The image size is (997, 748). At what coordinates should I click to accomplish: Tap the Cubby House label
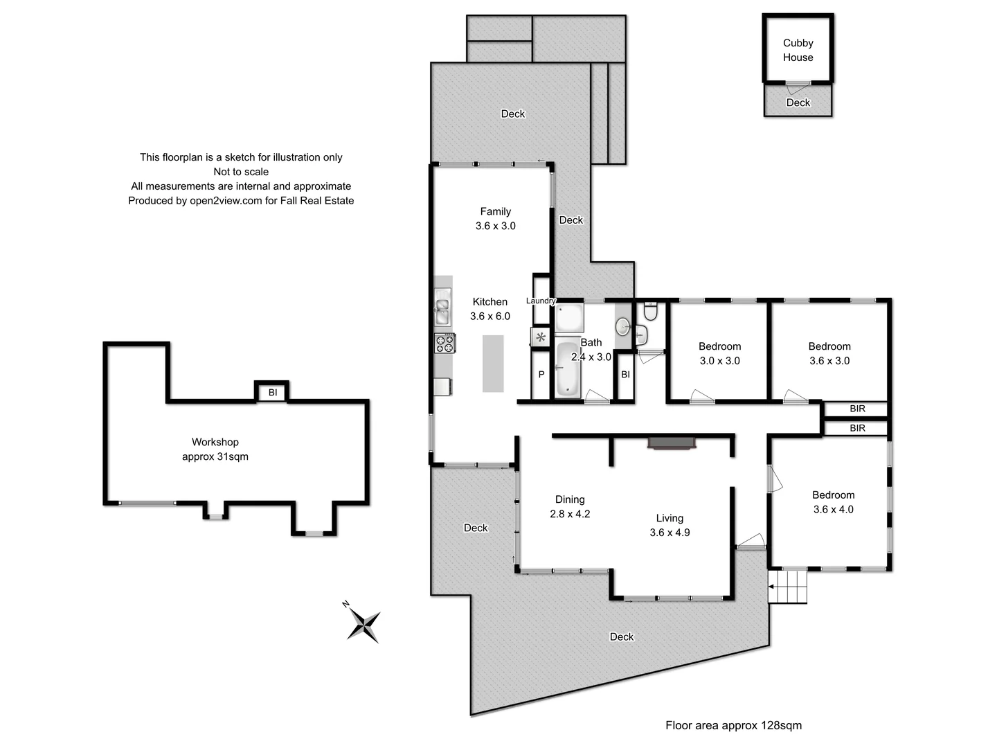798,50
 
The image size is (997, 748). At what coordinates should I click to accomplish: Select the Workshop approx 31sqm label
215,449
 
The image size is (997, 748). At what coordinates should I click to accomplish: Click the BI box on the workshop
272,393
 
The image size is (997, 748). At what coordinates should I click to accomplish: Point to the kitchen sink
442,310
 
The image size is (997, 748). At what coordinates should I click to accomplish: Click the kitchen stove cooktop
444,343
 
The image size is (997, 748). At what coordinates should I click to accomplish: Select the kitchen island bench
493,364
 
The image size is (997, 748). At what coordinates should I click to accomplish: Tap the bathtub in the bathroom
568,371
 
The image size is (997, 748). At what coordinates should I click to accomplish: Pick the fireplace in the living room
671,443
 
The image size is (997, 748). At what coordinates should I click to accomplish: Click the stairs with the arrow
789,587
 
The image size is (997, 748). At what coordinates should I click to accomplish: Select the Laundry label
541,301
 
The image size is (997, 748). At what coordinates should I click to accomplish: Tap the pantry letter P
541,374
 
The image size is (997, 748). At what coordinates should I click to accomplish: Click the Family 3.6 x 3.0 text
495,219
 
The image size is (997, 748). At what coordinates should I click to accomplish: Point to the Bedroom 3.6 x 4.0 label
833,502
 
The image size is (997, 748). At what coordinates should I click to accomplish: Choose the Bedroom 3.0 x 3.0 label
719,353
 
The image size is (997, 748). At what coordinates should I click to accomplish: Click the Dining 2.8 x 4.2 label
570,506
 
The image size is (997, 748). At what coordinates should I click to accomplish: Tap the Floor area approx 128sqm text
733,725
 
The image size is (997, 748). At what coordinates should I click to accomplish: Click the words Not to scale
241,172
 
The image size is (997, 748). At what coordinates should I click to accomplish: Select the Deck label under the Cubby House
798,103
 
